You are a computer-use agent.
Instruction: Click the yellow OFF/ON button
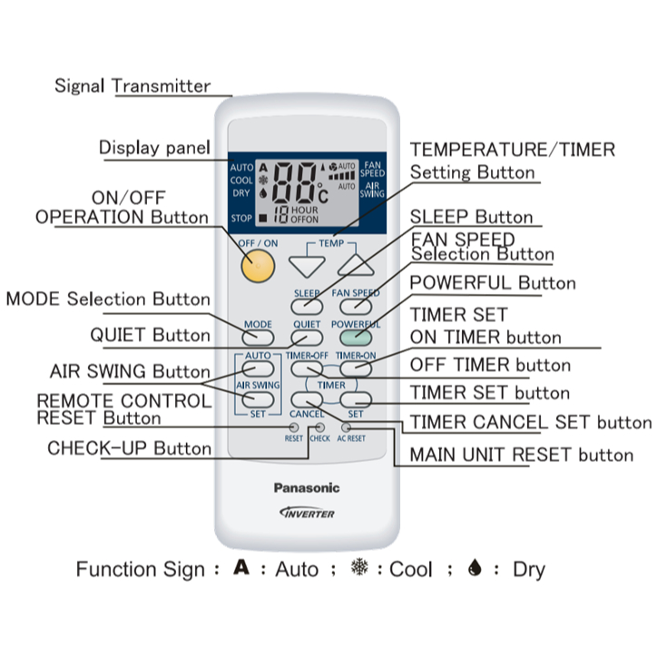click(258, 265)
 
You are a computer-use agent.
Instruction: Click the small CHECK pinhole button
click(319, 427)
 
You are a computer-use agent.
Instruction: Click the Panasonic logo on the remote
click(307, 488)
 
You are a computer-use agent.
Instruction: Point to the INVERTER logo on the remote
click(307, 513)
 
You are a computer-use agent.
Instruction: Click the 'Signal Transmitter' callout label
click(132, 87)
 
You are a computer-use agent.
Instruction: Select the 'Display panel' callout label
click(155, 148)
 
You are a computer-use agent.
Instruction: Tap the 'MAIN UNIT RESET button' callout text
click(521, 455)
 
